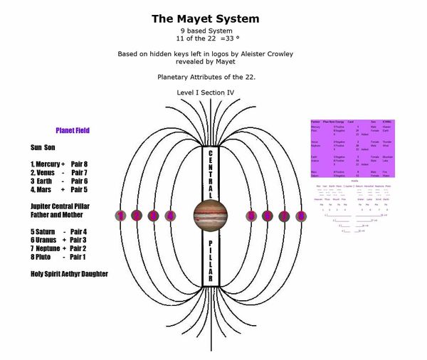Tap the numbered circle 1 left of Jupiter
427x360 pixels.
[x=121, y=216]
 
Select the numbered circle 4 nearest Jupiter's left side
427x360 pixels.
[x=170, y=216]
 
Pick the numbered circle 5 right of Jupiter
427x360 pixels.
[x=251, y=216]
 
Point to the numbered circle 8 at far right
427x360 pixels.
[x=300, y=216]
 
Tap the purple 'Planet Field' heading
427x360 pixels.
[x=73, y=131]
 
